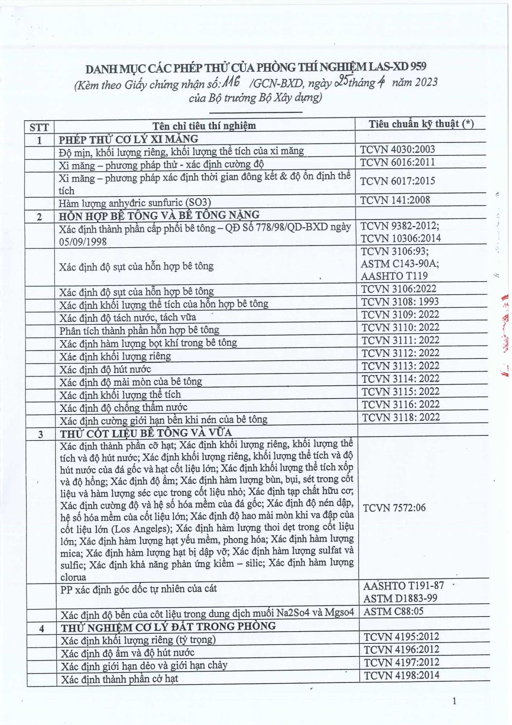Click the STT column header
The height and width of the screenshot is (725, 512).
40,127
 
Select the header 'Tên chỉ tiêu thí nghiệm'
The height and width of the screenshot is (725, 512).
204,126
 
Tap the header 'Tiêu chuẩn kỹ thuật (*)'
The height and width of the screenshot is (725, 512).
421,124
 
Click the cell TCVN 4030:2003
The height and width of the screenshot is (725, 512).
398,149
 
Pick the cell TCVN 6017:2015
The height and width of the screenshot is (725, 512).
398,181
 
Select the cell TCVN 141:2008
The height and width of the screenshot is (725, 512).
395,200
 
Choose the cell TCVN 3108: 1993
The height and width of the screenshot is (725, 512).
400,302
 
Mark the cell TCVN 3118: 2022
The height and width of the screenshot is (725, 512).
400,417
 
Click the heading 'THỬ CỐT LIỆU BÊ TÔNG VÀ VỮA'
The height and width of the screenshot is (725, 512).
145,432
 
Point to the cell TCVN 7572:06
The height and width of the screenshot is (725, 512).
394,508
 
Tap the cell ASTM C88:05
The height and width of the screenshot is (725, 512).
393,611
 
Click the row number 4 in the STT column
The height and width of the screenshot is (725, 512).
42,629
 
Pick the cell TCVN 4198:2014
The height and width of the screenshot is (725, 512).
401,675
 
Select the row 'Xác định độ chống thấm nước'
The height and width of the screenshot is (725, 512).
123,407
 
